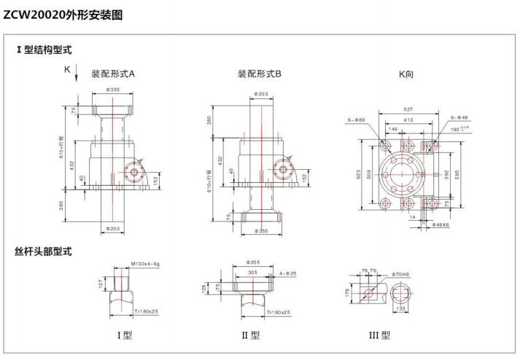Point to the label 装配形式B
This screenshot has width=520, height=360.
pyautogui.click(x=260, y=74)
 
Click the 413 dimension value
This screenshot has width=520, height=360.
pyautogui.click(x=408, y=118)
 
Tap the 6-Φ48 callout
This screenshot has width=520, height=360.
pyautogui.click(x=459, y=117)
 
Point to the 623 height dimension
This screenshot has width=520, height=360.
pyautogui.click(x=359, y=175)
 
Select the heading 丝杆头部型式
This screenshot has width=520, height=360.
pyautogui.click(x=44, y=252)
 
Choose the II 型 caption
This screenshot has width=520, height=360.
pyautogui.click(x=250, y=336)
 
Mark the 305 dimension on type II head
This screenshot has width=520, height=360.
pyautogui.click(x=253, y=272)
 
